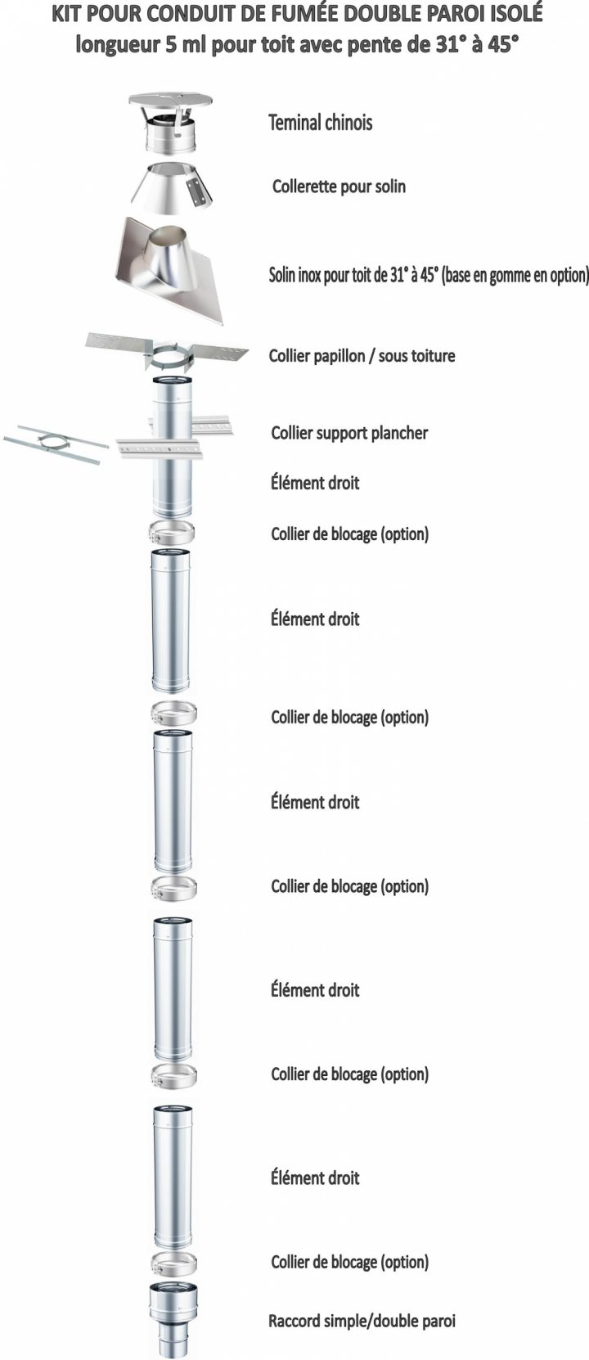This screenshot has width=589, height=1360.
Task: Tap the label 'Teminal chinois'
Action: click(x=320, y=123)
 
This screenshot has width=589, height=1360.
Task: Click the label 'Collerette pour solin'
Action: click(x=339, y=187)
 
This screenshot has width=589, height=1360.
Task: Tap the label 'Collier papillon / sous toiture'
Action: click(x=362, y=356)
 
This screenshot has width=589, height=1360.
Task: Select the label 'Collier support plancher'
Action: click(x=349, y=433)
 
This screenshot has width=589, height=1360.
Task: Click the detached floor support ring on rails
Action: click(x=54, y=443)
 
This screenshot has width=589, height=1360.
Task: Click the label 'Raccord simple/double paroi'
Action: click(x=362, y=1321)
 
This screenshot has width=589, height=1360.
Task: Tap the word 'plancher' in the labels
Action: click(x=398, y=433)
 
